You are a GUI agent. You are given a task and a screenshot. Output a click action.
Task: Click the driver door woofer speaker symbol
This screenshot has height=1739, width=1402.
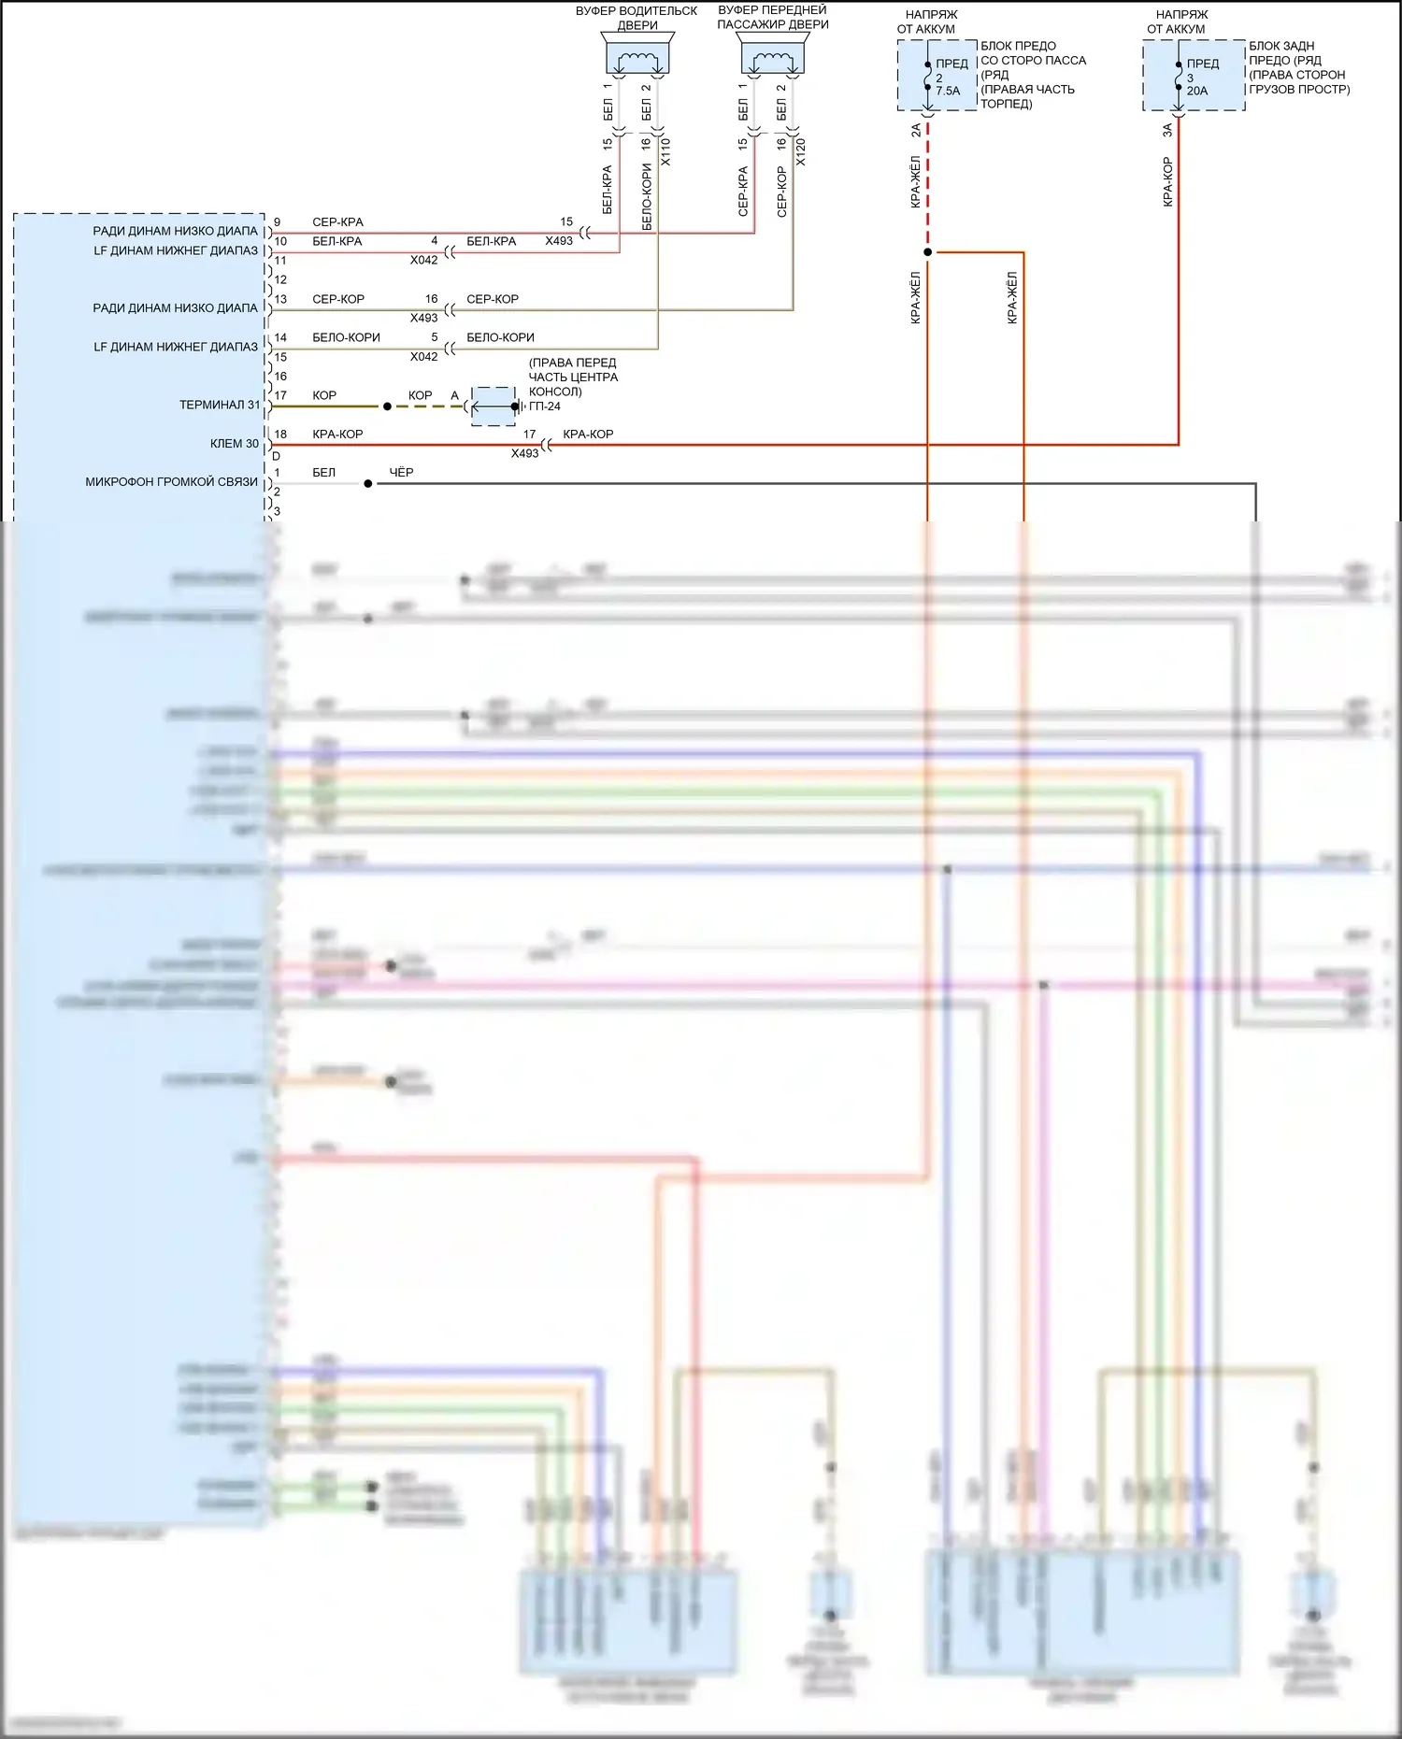pyautogui.click(x=637, y=58)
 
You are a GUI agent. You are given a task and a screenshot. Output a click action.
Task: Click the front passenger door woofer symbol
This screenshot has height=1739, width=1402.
pyautogui.click(x=773, y=58)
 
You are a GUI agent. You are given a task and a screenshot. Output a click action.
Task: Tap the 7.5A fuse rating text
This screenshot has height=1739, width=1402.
pyautogui.click(x=948, y=91)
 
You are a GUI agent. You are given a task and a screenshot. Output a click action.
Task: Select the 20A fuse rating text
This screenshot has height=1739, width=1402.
pyautogui.click(x=1197, y=91)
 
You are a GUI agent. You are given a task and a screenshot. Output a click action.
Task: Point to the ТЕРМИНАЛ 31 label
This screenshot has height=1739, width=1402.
pyautogui.click(x=220, y=405)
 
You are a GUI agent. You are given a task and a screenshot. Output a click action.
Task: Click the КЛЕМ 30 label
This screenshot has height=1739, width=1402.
pyautogui.click(x=234, y=444)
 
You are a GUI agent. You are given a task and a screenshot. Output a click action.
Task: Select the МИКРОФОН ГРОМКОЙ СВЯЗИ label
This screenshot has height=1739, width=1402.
pyautogui.click(x=171, y=482)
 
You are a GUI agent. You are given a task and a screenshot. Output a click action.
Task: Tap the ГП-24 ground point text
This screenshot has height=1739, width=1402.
pyautogui.click(x=545, y=406)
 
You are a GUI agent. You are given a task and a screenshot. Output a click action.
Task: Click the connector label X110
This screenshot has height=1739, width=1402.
pyautogui.click(x=665, y=152)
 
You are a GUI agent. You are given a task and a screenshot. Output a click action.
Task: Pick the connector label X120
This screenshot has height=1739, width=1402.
pyautogui.click(x=800, y=152)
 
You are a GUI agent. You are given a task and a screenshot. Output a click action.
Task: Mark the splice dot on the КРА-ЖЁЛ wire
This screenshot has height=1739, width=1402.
pyautogui.click(x=927, y=252)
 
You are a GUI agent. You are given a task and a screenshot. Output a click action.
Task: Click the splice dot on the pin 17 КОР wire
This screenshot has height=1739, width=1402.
pyautogui.click(x=387, y=406)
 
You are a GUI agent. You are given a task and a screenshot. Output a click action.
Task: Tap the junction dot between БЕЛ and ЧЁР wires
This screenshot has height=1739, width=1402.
pyautogui.click(x=368, y=484)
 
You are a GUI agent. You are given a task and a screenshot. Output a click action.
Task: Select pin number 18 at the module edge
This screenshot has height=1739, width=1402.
pyautogui.click(x=280, y=435)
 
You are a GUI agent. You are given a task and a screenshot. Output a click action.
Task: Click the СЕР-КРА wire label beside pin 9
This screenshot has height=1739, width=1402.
pyautogui.click(x=337, y=222)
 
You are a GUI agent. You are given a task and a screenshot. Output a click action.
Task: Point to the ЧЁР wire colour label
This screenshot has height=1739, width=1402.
pyautogui.click(x=401, y=473)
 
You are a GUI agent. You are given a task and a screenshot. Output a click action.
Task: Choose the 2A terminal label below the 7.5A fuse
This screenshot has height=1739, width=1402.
pyautogui.click(x=916, y=130)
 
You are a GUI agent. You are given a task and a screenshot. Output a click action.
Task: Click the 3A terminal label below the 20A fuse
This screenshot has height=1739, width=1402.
pyautogui.click(x=1166, y=130)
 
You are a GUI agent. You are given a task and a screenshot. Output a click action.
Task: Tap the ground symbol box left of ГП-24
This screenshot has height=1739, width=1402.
pyautogui.click(x=493, y=406)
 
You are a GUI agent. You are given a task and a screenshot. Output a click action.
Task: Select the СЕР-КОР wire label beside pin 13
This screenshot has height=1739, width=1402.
pyautogui.click(x=338, y=299)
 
